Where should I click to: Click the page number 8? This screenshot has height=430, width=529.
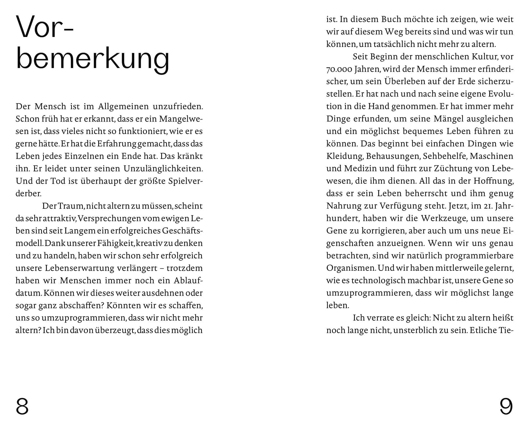tap(22, 407)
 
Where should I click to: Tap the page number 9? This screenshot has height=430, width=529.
tap(506, 407)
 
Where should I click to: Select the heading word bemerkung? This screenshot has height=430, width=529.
tap(93, 59)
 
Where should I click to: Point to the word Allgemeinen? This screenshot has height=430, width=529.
tap(123, 106)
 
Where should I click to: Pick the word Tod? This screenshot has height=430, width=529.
tap(58, 181)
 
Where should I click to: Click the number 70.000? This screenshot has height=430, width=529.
tap(339, 69)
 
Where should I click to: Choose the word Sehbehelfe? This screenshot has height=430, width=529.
tap(445, 156)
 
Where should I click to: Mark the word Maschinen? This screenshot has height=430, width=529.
tap(491, 156)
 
